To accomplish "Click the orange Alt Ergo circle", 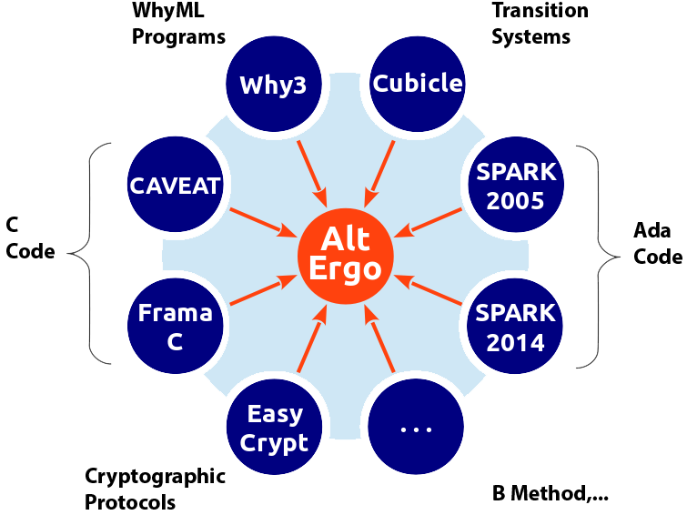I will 346,256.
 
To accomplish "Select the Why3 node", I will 273,85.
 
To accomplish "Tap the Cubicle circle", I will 418,84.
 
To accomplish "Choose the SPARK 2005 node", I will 516,187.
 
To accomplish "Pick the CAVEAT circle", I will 176,186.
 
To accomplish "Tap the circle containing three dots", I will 416,427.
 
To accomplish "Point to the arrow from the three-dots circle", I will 380,340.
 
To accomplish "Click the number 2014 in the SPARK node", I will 516,343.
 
